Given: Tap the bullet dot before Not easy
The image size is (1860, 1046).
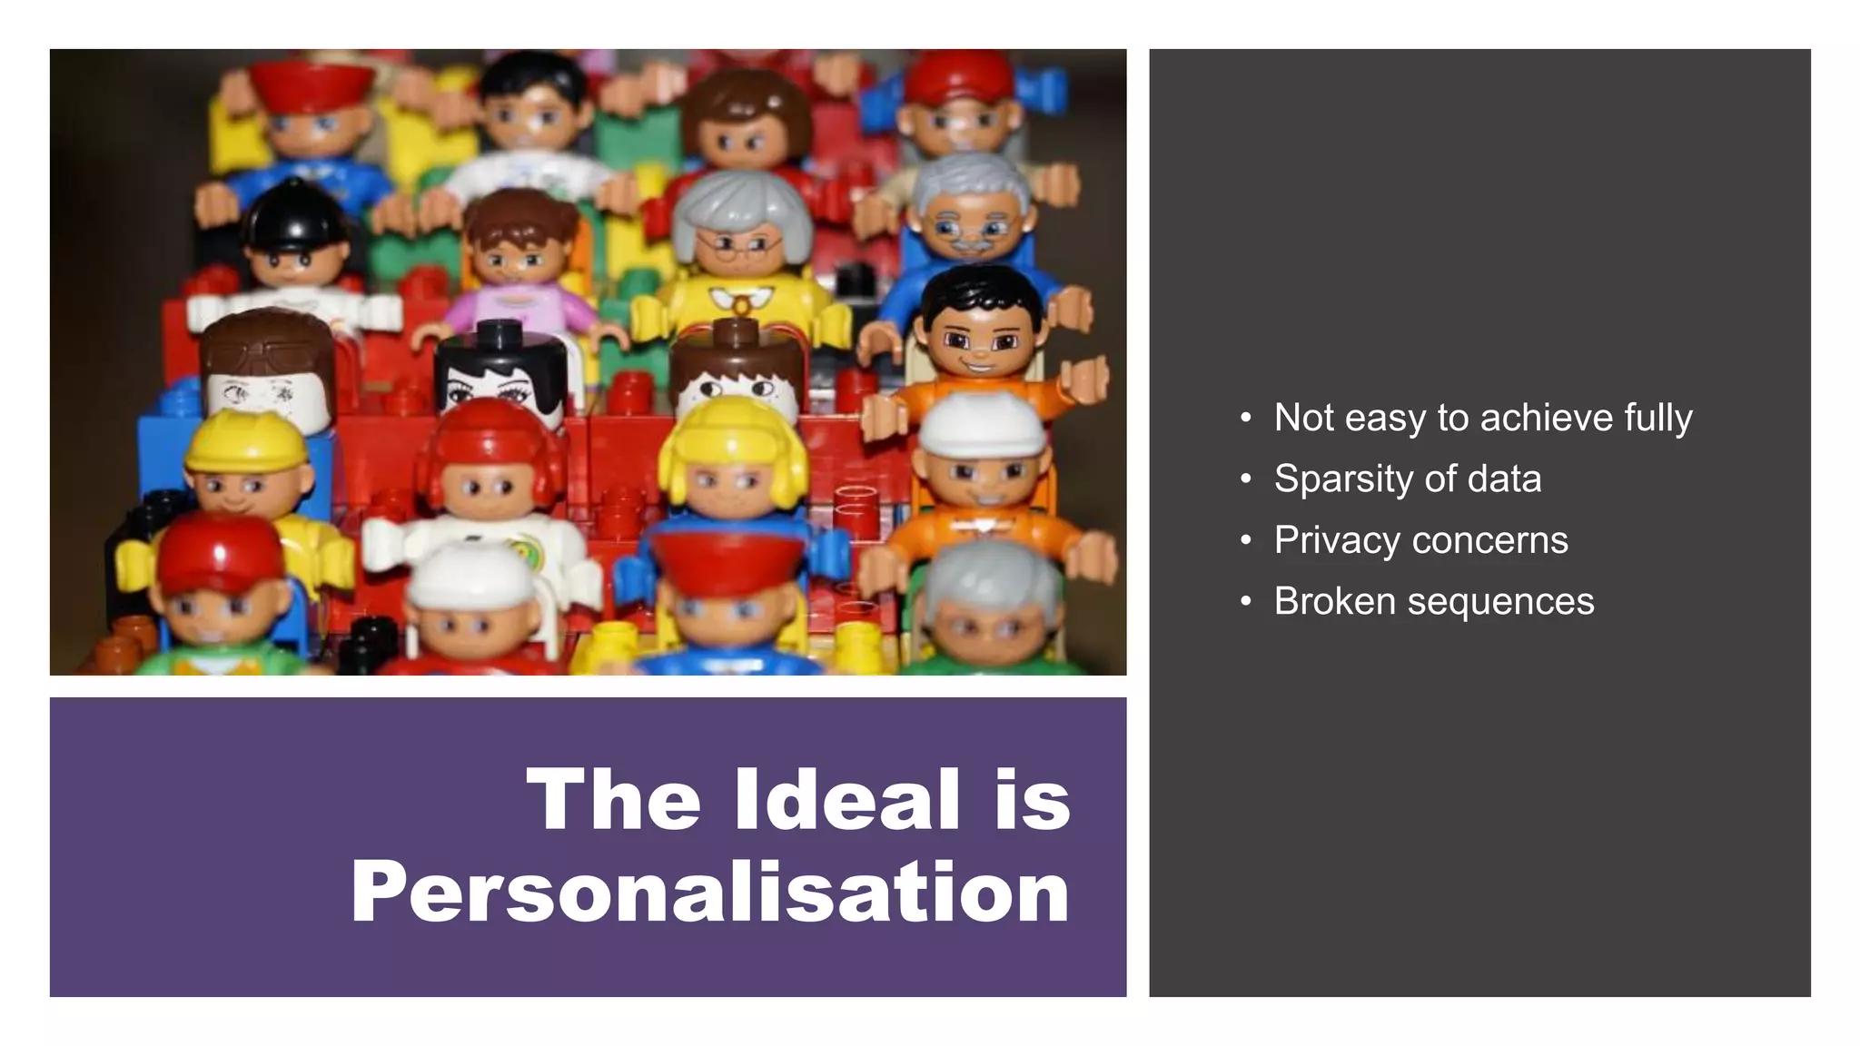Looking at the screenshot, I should click(x=1246, y=419).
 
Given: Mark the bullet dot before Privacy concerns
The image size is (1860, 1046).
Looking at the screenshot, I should click(x=1246, y=541).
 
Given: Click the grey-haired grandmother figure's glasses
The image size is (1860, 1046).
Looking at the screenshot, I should click(x=740, y=245).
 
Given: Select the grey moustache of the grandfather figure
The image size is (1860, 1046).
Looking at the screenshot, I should click(x=969, y=243).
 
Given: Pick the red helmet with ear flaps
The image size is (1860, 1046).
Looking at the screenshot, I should click(x=486, y=445).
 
